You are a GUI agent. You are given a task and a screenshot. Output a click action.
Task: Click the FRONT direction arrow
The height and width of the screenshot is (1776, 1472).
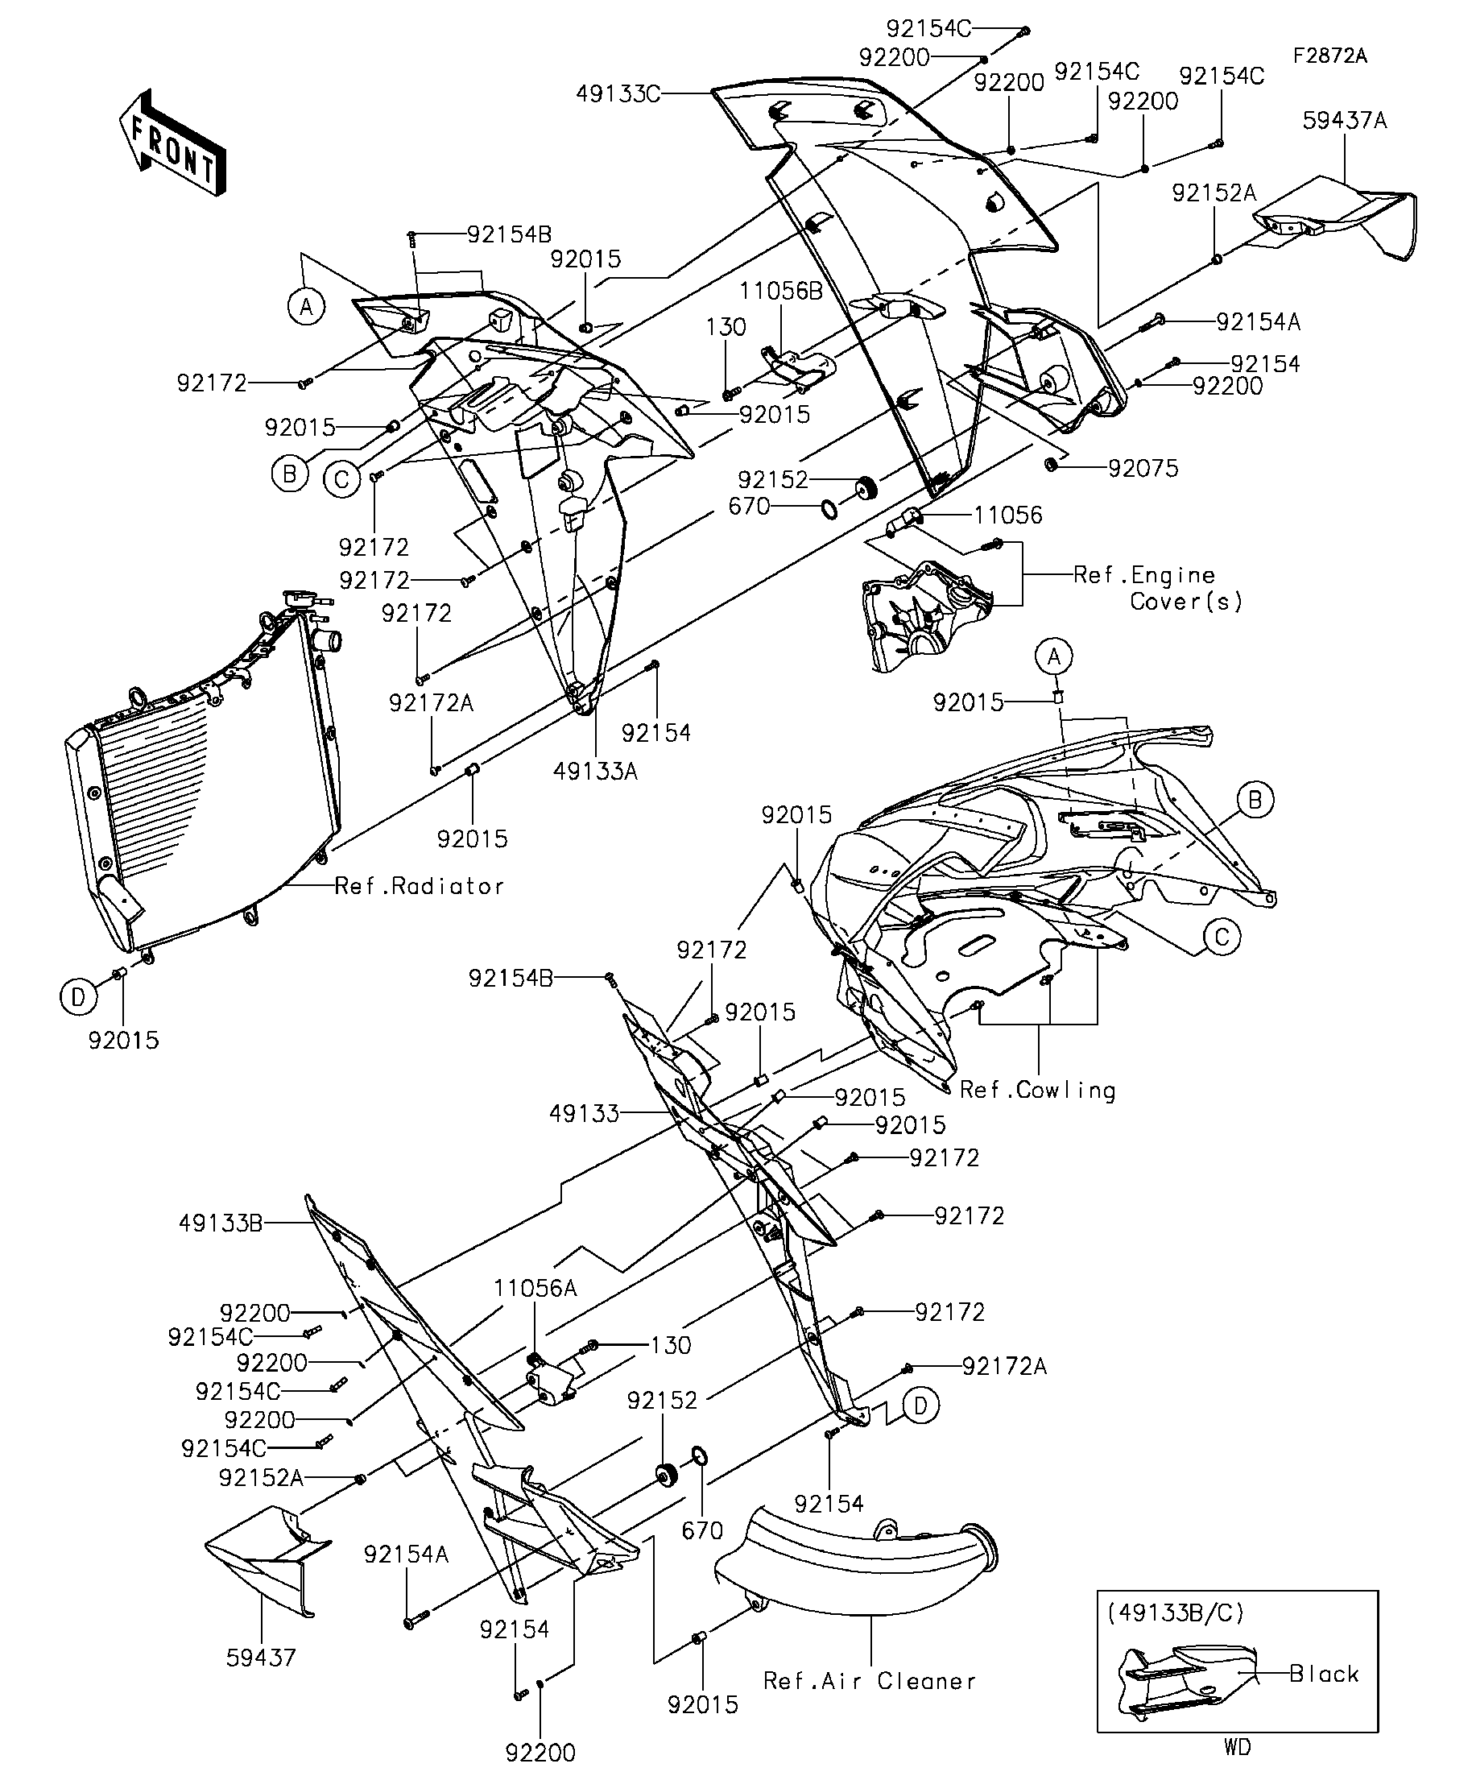(x=172, y=143)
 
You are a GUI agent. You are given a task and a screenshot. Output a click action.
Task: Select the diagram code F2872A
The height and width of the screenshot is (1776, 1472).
(x=1329, y=56)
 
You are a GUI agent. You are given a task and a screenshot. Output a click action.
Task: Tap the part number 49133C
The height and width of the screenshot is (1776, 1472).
(x=618, y=93)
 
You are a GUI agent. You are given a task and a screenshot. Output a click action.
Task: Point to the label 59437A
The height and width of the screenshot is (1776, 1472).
(x=1344, y=120)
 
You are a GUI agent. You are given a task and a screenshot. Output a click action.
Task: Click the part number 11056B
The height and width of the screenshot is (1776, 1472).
(x=780, y=291)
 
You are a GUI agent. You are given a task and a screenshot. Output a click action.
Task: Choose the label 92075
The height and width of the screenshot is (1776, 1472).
(x=1143, y=468)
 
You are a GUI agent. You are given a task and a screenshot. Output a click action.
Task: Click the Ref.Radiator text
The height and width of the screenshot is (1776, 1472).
(x=420, y=885)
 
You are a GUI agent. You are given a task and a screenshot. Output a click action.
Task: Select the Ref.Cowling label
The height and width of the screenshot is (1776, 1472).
(x=1037, y=1090)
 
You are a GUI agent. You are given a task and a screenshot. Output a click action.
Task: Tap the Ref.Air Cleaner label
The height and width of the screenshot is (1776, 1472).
(x=869, y=1680)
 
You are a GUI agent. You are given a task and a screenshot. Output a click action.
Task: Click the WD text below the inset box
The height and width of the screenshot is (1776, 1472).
(x=1236, y=1746)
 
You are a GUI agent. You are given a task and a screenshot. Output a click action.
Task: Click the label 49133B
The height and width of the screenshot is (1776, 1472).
(x=221, y=1223)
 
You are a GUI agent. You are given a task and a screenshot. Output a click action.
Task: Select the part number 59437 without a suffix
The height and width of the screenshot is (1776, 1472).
(x=261, y=1658)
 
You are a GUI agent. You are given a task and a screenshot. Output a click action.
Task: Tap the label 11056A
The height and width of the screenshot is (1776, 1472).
(x=536, y=1288)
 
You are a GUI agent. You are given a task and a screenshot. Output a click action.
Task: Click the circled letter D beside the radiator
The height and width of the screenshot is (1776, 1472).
(x=77, y=998)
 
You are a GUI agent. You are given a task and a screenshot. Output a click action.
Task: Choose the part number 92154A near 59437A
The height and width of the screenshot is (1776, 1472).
(x=1258, y=321)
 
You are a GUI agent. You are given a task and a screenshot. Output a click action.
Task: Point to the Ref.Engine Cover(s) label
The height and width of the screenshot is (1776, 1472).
(x=1158, y=588)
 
